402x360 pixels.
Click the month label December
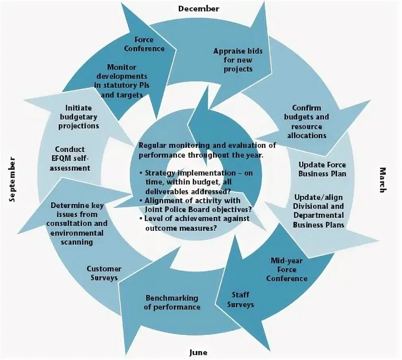point(199,9)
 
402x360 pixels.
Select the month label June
point(199,352)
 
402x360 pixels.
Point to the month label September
point(12,179)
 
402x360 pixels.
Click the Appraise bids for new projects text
point(238,60)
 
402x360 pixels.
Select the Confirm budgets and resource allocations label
point(307,121)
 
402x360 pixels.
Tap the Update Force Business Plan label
point(322,169)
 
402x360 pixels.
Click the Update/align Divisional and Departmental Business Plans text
point(319,210)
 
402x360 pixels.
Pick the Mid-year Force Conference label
point(287,269)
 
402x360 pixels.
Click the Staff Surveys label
point(240,299)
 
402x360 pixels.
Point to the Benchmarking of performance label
point(172,302)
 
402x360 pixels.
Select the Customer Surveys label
point(104,273)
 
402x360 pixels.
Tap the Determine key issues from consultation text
point(77,224)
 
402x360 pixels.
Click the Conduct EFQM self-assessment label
point(70,158)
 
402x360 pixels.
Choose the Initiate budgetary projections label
point(78,117)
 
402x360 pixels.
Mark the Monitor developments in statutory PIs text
point(121,80)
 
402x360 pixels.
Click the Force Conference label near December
point(144,44)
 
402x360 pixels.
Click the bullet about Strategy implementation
point(199,181)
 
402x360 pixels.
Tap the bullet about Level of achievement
point(197,223)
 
